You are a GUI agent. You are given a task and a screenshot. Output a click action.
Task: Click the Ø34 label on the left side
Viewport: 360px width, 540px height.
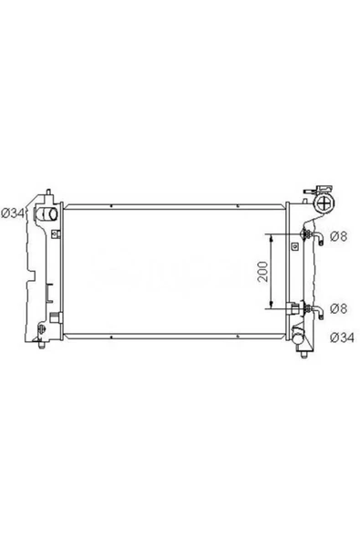tap(13, 213)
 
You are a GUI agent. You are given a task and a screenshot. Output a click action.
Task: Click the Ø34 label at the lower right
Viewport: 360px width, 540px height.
tap(342, 337)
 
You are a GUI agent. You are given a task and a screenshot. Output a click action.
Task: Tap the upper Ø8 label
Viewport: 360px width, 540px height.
tap(339, 236)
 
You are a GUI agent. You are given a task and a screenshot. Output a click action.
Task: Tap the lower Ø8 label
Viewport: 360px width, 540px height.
tap(339, 308)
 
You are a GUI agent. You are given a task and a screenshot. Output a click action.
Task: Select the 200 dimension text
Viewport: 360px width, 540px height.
tap(263, 272)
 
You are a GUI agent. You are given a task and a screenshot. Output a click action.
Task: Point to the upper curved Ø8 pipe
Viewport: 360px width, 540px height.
tap(317, 238)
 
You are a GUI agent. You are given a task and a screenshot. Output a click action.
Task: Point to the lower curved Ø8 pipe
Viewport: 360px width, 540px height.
tap(317, 312)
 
